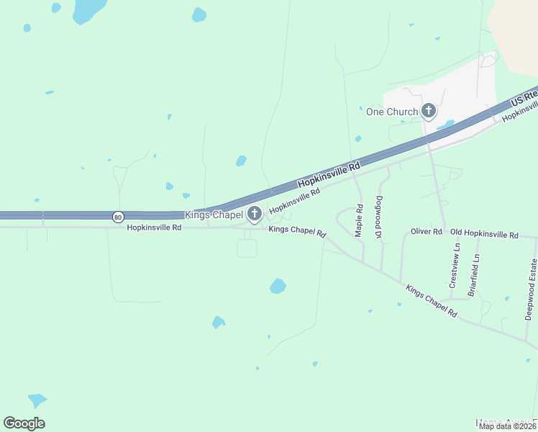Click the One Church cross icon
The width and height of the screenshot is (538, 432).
coord(429,111)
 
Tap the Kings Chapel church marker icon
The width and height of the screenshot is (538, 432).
coord(254,213)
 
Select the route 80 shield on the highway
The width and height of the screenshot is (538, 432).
coord(117,215)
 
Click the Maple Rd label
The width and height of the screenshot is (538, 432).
coord(359,220)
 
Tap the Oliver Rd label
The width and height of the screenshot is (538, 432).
coord(426,232)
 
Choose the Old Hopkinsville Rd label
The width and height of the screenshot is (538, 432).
coord(484,235)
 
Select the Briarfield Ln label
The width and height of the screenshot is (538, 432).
coord(473,274)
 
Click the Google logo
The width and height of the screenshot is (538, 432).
coord(24,423)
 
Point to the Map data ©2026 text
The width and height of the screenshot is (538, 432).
coord(508,426)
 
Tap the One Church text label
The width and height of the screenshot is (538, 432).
coord(392,112)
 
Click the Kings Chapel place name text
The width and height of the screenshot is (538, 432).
coord(214,215)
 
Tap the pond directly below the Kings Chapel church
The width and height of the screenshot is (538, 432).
coord(278,286)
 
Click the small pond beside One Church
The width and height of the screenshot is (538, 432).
coord(446,125)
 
